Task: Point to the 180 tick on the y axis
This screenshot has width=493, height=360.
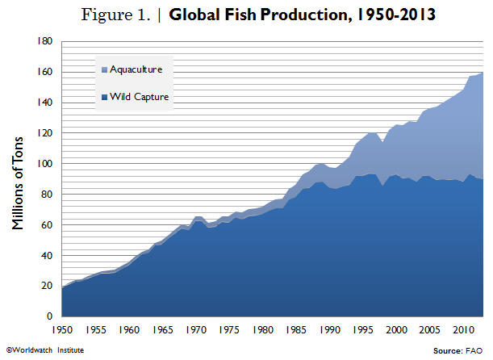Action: (x=45, y=41)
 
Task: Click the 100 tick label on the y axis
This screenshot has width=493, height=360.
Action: (x=45, y=163)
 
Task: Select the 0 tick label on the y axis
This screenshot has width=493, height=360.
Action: (x=50, y=316)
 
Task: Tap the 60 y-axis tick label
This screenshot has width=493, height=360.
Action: (x=48, y=224)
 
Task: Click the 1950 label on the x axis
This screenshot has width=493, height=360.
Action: (x=61, y=330)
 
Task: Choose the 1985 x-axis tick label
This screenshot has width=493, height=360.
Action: (x=295, y=330)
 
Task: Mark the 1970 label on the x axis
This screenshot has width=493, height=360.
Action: (x=195, y=330)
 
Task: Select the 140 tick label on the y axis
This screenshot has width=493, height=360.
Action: (x=45, y=103)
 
